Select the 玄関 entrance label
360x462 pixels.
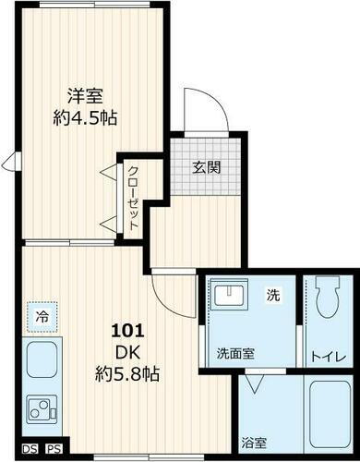click(x=205, y=167)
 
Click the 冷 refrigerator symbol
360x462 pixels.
click(x=42, y=316)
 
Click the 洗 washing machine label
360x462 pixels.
click(x=272, y=296)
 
